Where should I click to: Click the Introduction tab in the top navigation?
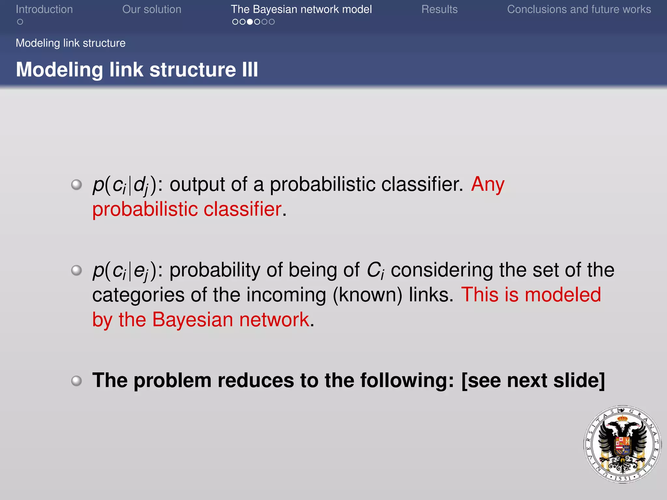tap(44, 9)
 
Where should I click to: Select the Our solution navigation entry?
tap(151, 9)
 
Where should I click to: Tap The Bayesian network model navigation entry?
tap(301, 9)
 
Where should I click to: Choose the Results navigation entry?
tap(439, 9)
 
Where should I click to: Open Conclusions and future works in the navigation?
tap(579, 9)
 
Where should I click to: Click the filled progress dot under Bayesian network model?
tap(250, 22)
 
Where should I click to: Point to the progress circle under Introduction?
tap(20, 22)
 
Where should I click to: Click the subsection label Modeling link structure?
tap(70, 43)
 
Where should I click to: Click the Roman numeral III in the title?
tap(250, 70)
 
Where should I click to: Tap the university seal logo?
tap(622, 444)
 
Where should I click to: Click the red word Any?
tap(488, 184)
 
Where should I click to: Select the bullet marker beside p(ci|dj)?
tap(77, 185)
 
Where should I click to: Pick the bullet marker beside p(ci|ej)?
tap(77, 270)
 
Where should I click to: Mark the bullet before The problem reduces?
tap(77, 381)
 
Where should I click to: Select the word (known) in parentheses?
tap(367, 295)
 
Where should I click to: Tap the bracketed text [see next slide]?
tap(533, 380)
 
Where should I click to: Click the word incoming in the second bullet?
tap(286, 295)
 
